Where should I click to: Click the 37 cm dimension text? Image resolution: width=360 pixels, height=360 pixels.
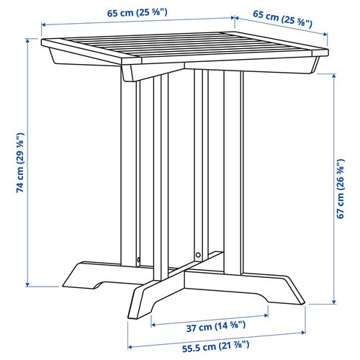[x=210, y=326]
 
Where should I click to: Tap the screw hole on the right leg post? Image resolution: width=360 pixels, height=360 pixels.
[x=198, y=254]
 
